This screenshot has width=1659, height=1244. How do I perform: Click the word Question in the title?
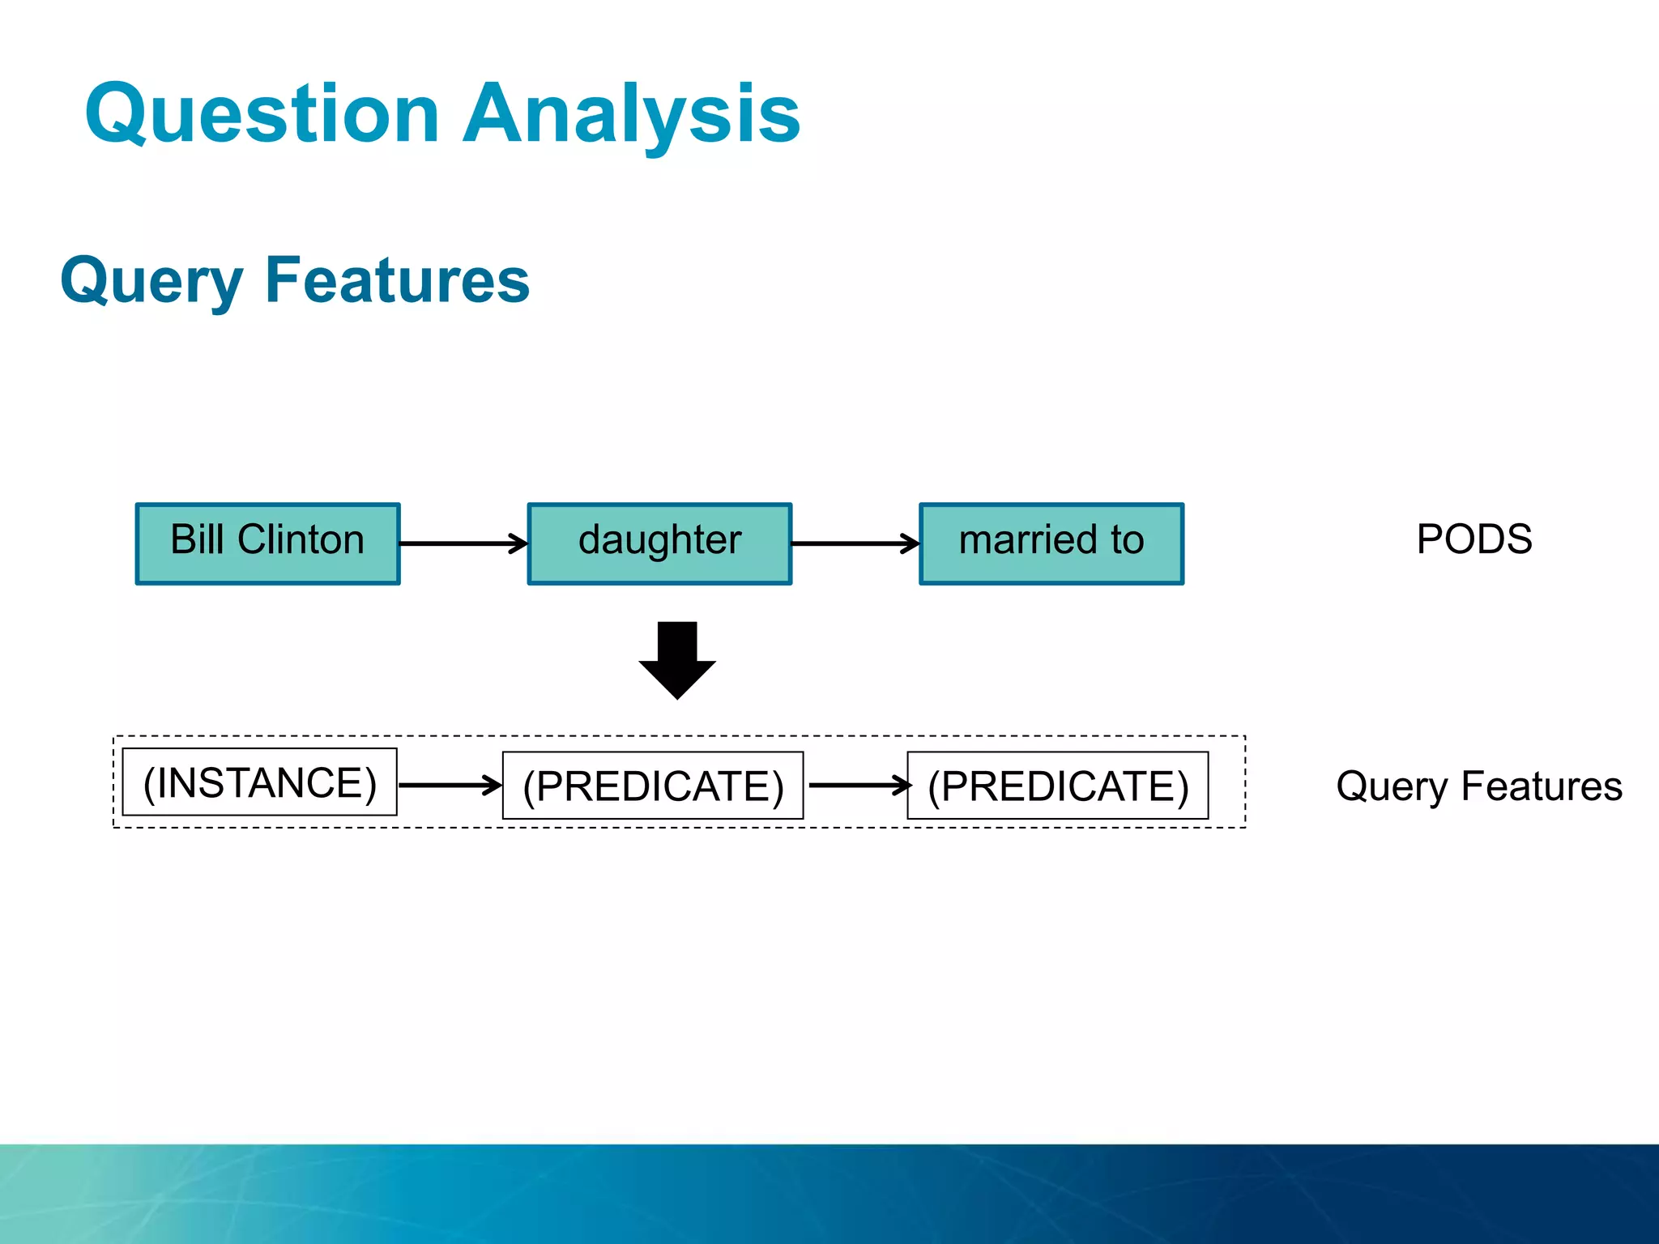(262, 115)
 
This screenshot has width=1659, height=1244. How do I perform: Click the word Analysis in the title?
(631, 115)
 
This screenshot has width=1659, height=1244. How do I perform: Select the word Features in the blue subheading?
(397, 280)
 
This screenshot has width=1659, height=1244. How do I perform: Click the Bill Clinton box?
(267, 543)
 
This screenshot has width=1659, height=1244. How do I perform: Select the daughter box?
(659, 543)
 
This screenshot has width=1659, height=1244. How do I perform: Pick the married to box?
(1051, 543)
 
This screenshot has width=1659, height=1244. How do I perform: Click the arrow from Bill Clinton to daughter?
(463, 543)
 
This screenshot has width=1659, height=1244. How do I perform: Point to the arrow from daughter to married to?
(855, 543)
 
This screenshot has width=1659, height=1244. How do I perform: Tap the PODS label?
(1473, 539)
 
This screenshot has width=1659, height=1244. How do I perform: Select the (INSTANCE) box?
(259, 782)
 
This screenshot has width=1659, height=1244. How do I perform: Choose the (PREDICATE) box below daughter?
(653, 786)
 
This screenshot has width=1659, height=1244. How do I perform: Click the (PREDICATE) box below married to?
(1057, 786)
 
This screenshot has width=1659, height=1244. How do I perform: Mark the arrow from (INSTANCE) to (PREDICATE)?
(450, 785)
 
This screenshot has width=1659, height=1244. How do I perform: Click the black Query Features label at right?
(1478, 786)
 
